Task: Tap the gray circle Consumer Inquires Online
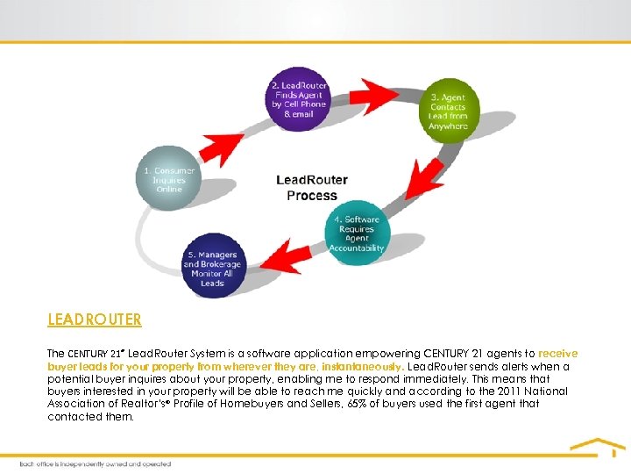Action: [169, 180]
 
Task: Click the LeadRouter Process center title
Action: [312, 187]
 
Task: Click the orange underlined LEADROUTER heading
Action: [95, 320]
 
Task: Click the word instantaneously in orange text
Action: [359, 366]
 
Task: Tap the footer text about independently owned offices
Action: [96, 463]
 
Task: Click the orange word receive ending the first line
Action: [558, 354]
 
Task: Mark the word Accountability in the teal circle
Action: [357, 248]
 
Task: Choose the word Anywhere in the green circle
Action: [448, 126]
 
